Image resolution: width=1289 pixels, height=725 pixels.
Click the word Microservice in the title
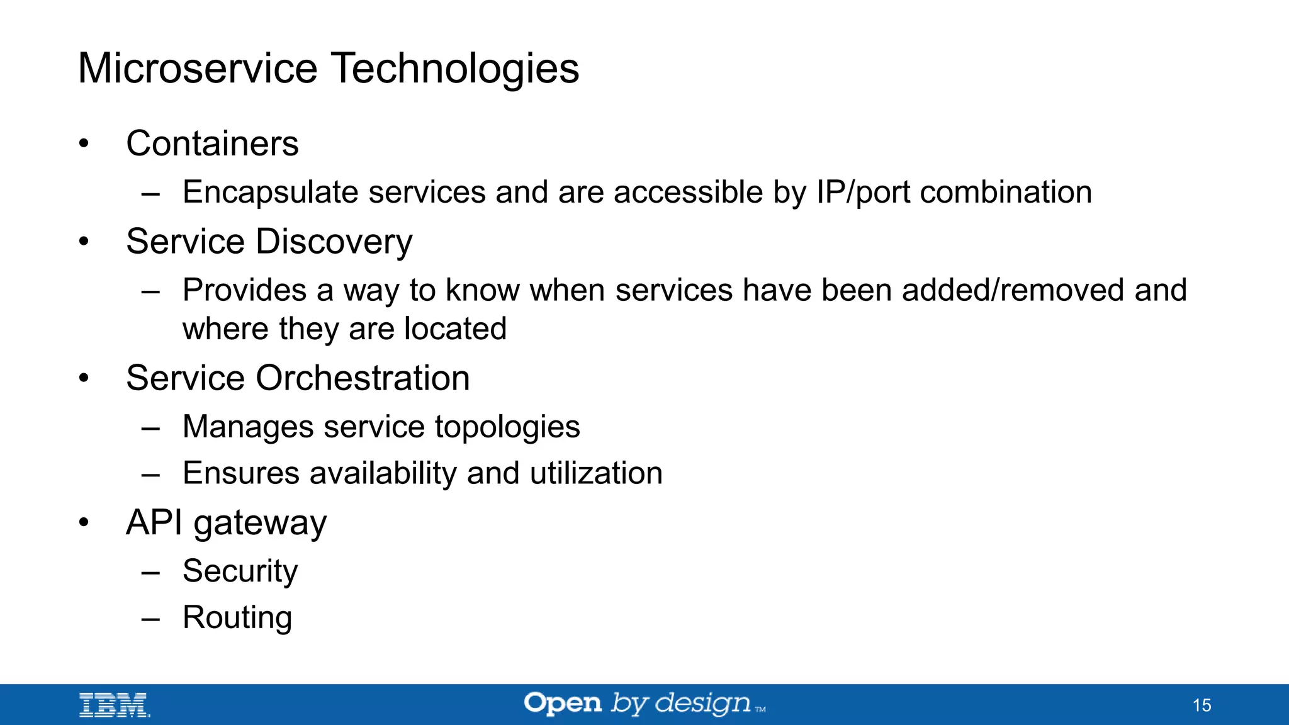pyautogui.click(x=198, y=68)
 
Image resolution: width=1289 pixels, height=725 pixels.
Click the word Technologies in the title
pyautogui.click(x=454, y=68)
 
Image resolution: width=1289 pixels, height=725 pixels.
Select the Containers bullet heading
pyautogui.click(x=212, y=143)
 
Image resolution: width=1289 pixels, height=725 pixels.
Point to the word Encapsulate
pyautogui.click(x=271, y=192)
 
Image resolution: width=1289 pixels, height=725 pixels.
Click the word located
pyautogui.click(x=455, y=329)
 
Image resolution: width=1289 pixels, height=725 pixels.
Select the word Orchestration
pyautogui.click(x=363, y=378)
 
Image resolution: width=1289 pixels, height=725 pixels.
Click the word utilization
pyautogui.click(x=596, y=473)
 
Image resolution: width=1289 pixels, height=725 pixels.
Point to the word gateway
pyautogui.click(x=260, y=523)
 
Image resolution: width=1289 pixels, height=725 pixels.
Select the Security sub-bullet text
pyautogui.click(x=240, y=571)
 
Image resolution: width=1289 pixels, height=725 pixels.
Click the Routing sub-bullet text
pyautogui.click(x=237, y=617)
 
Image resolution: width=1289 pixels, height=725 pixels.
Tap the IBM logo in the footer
pyautogui.click(x=114, y=705)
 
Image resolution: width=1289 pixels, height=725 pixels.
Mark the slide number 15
pyautogui.click(x=1202, y=705)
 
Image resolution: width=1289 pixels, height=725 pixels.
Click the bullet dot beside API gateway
pyautogui.click(x=84, y=522)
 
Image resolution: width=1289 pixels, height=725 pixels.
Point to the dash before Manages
pyautogui.click(x=150, y=428)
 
